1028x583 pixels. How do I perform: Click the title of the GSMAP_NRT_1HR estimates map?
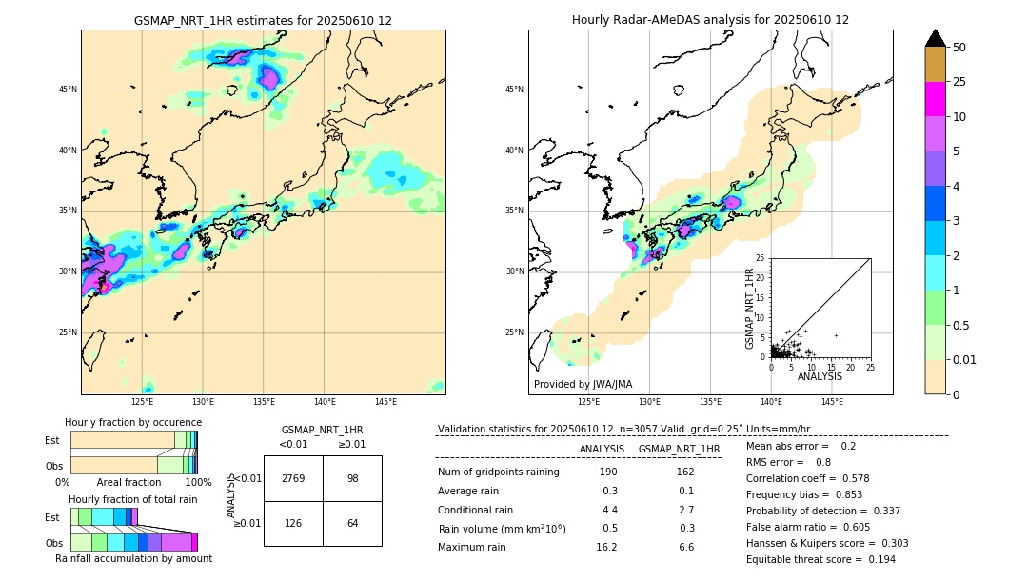[263, 20]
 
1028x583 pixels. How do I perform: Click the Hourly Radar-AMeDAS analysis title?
[710, 20]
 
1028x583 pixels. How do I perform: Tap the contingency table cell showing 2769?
[293, 478]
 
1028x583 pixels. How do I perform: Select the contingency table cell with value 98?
[352, 478]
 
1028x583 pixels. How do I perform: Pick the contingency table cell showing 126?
[293, 523]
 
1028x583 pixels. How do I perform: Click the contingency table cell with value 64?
[352, 523]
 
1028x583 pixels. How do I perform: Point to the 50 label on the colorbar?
[959, 48]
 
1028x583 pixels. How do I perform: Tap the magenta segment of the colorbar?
[936, 99]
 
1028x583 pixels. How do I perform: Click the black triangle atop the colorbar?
[936, 38]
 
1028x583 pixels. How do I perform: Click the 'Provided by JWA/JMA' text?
[583, 384]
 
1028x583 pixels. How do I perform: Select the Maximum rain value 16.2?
[606, 547]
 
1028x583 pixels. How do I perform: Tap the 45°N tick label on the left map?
[68, 90]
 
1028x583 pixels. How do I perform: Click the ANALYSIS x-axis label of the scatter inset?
[820, 376]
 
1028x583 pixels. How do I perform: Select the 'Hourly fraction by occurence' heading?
[133, 422]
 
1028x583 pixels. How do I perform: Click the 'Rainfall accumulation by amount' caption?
[133, 558]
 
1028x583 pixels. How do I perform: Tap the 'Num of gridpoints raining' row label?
[498, 472]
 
